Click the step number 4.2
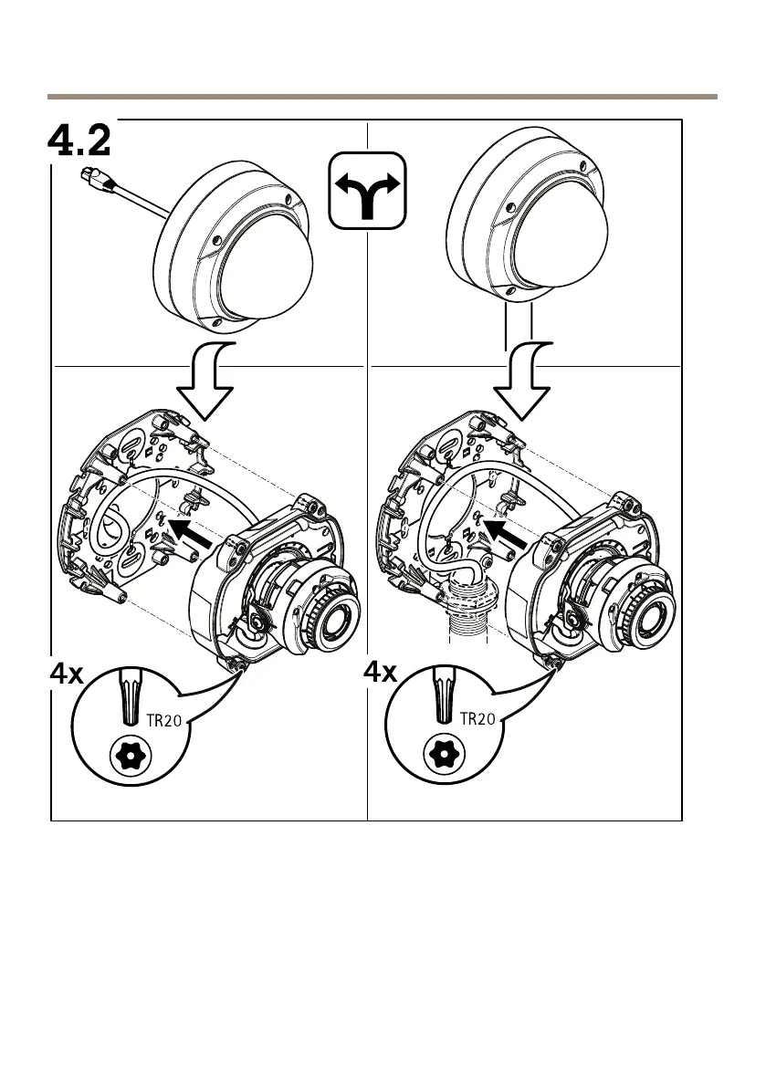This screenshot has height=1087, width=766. pyautogui.click(x=79, y=142)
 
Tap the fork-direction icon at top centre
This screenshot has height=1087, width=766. pyautogui.click(x=366, y=190)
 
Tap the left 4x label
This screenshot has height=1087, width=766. pyautogui.click(x=66, y=676)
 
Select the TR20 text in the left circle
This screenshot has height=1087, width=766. pyautogui.click(x=167, y=720)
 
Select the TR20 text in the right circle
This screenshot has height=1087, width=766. pyautogui.click(x=477, y=719)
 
